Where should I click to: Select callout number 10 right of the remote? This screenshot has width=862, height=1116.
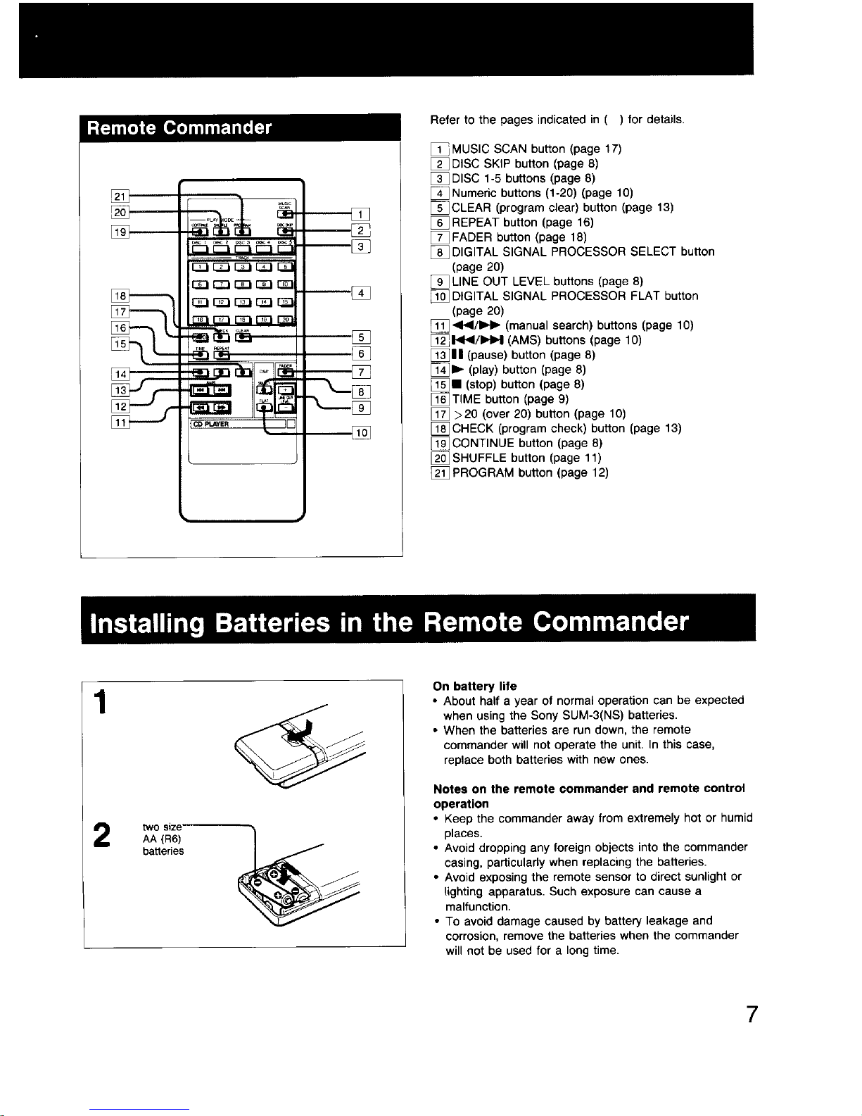(x=360, y=433)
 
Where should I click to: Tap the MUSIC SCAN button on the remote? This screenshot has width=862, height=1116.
(x=286, y=214)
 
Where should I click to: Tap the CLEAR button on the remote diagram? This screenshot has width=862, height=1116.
(x=243, y=337)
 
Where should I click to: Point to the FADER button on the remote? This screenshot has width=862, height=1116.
(x=285, y=373)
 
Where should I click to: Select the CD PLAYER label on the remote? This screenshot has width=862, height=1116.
(x=208, y=424)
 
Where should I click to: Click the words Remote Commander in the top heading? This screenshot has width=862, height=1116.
(x=179, y=127)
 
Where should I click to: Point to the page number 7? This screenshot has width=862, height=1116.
(x=751, y=1015)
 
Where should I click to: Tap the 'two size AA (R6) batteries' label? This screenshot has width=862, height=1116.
(x=163, y=839)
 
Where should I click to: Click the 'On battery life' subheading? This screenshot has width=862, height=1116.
(x=475, y=686)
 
